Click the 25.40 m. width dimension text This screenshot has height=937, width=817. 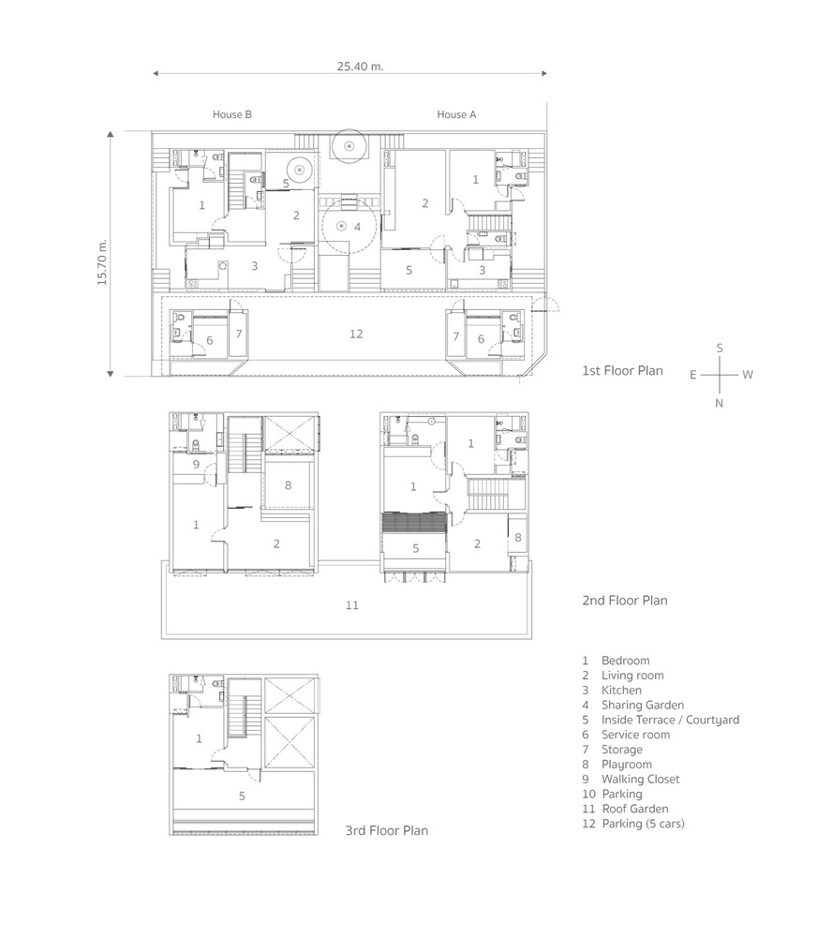click(x=360, y=67)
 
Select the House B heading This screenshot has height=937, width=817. click(x=232, y=114)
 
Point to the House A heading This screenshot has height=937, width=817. click(x=456, y=114)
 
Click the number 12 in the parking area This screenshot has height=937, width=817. click(x=356, y=335)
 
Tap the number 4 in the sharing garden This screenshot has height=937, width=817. click(x=357, y=227)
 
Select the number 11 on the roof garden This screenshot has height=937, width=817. click(x=352, y=605)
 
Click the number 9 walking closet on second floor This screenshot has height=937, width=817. click(x=196, y=465)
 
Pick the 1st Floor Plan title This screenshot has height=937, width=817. click(x=622, y=370)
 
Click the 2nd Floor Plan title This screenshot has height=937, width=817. click(x=625, y=601)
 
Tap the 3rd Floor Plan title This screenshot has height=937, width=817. click(x=387, y=830)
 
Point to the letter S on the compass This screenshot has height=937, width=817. click(x=720, y=348)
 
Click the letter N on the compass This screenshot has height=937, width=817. click(x=719, y=403)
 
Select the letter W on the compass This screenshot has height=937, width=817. click(x=748, y=375)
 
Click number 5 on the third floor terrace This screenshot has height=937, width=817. click(x=242, y=796)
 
